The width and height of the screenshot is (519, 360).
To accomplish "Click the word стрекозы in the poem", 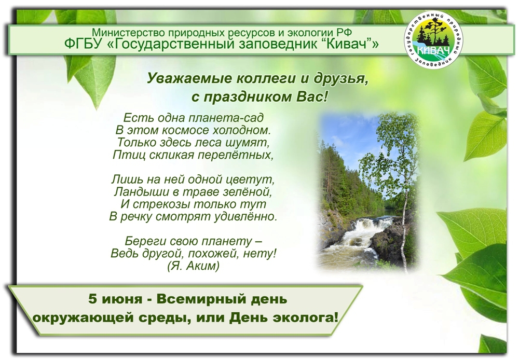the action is coord(158,204).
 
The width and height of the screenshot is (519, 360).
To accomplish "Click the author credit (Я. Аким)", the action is coord(193,266).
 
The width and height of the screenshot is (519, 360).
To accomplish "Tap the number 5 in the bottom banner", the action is coord(92,299).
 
